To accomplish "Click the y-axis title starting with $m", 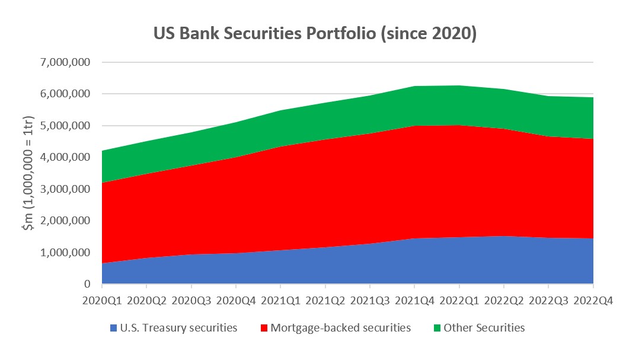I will coord(28,173).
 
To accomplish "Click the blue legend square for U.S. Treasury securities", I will coord(113,327).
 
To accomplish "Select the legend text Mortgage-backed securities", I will coord(340,327).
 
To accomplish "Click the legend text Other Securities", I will coord(484,327).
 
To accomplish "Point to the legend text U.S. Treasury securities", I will coord(178,327).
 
